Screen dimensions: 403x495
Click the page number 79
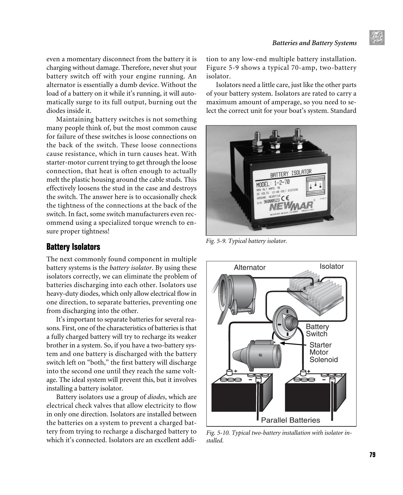point(372,455)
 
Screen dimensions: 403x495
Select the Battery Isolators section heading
point(73,247)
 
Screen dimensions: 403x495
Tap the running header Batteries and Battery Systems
point(314,43)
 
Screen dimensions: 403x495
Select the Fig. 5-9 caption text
point(246,241)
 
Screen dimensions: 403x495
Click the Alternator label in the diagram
point(249,268)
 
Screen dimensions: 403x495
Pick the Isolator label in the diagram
point(332,266)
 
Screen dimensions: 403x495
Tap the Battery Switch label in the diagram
point(317,330)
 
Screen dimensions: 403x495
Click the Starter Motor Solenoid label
point(323,352)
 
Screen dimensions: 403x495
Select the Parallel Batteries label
point(290,420)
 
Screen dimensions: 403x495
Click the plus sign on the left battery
point(236,371)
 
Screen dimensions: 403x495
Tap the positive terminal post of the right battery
point(303,373)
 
